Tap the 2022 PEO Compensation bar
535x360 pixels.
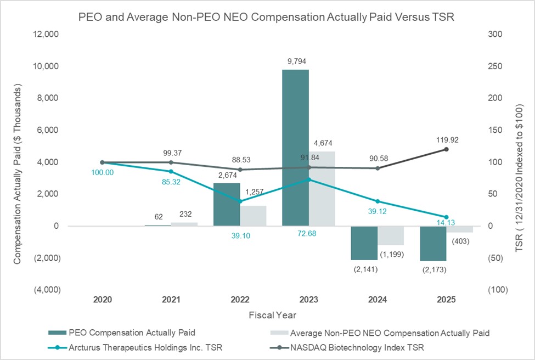[x=227, y=204]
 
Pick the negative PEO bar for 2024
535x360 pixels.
[x=364, y=243]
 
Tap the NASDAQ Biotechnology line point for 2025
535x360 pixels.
[x=446, y=149]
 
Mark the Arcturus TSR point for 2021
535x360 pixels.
[x=171, y=172]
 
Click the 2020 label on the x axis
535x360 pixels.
[x=103, y=300]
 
